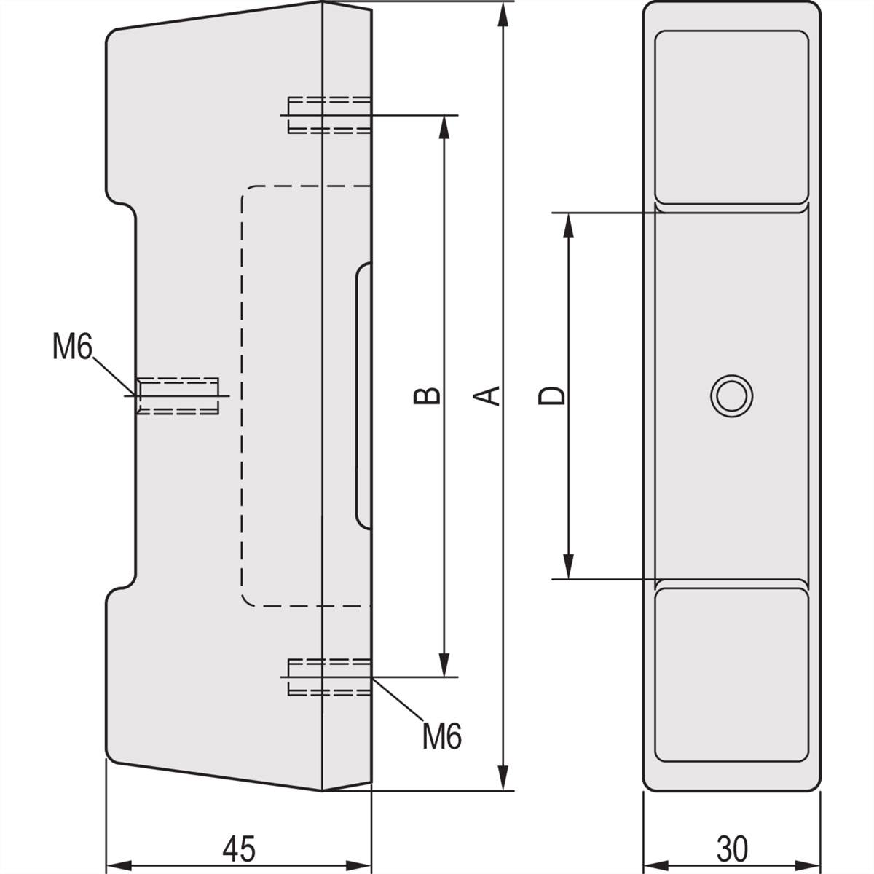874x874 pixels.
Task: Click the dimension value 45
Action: (x=239, y=848)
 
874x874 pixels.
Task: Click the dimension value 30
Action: (x=732, y=848)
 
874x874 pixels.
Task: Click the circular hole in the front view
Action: (x=731, y=396)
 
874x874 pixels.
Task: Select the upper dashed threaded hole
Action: (x=329, y=115)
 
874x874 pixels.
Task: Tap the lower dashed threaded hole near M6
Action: (x=329, y=677)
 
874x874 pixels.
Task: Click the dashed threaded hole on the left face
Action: (x=178, y=395)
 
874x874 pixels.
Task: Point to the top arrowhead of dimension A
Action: (x=503, y=16)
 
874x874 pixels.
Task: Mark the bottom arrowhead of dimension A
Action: (x=503, y=776)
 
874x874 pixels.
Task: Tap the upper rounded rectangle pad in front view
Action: (x=731, y=117)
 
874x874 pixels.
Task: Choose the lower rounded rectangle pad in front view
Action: (x=731, y=674)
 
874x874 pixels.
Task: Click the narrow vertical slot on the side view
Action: (x=363, y=395)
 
